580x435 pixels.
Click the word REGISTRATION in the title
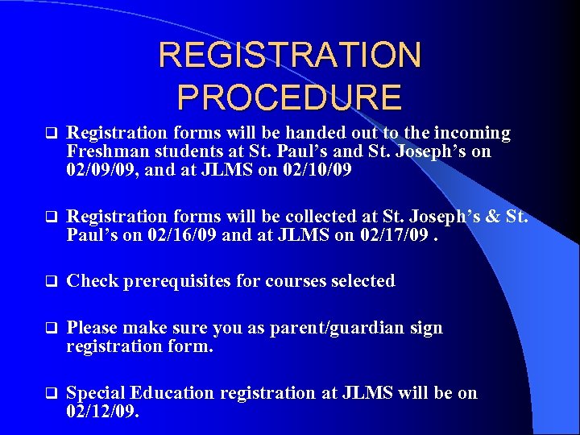click(290, 56)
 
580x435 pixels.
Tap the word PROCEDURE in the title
click(289, 97)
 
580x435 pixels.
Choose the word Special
click(96, 393)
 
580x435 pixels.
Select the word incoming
click(474, 132)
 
